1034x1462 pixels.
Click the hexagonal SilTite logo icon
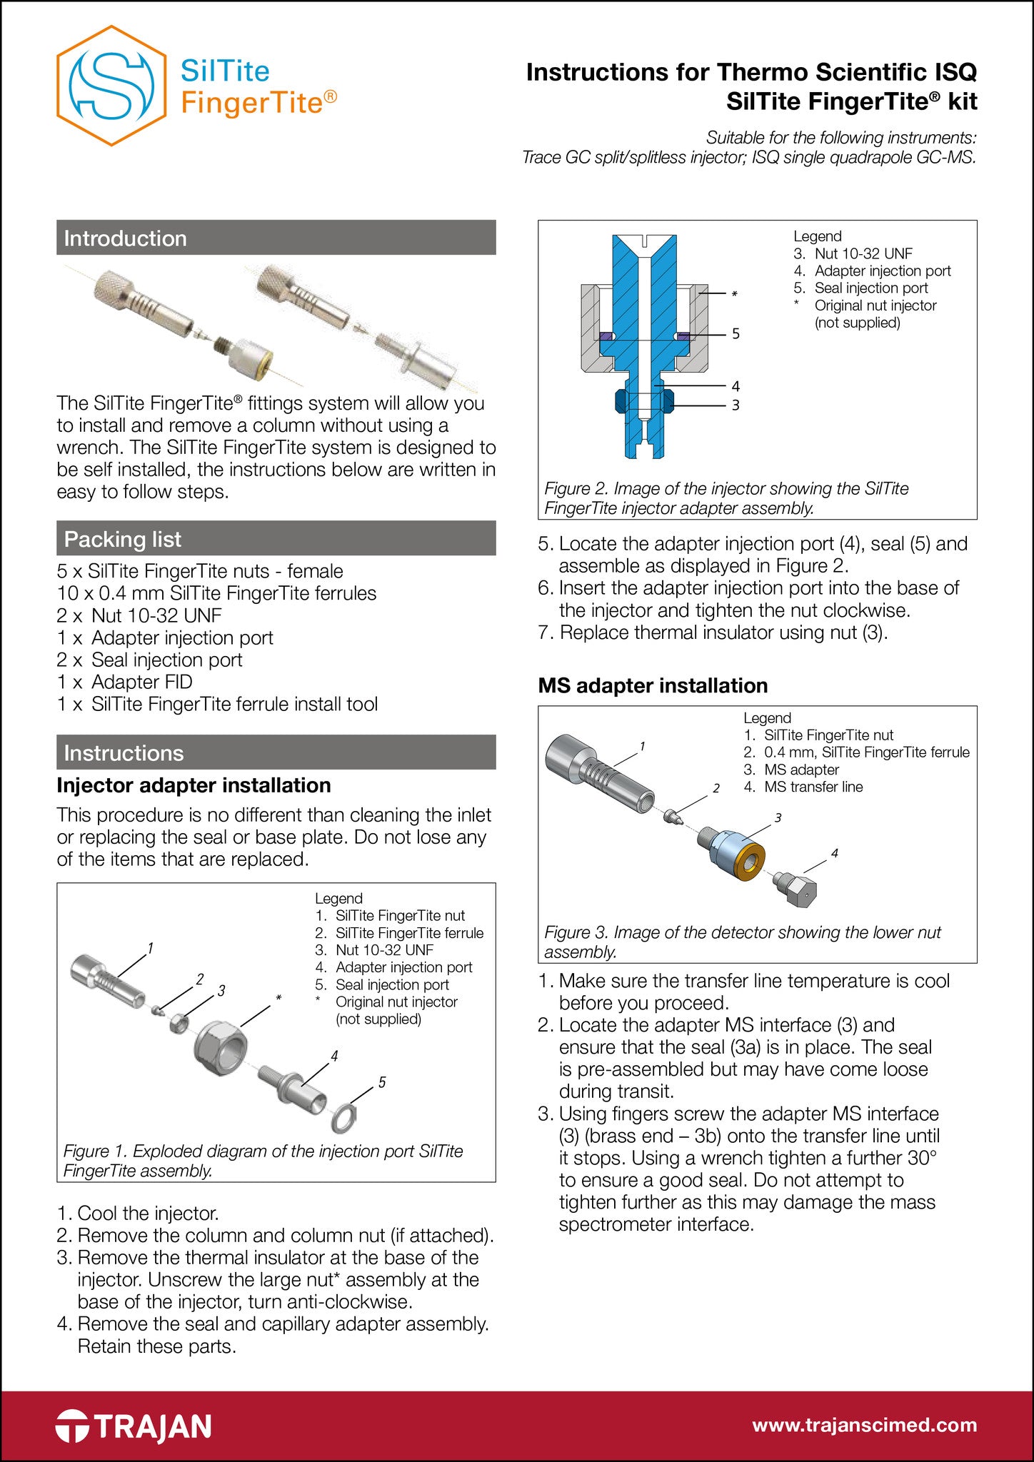(111, 86)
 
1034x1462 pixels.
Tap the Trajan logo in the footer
(134, 1426)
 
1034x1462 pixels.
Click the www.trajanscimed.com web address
(864, 1425)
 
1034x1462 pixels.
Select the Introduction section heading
(125, 238)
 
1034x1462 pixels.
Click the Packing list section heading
(123, 539)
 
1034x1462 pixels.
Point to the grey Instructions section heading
(124, 752)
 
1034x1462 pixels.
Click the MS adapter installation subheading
(653, 685)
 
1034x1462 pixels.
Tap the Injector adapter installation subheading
(194, 785)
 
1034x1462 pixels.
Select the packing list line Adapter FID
(125, 682)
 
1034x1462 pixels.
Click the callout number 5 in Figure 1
(382, 1083)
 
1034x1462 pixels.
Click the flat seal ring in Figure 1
(345, 1117)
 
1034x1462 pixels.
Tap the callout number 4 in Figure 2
(736, 386)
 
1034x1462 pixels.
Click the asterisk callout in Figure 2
(734, 294)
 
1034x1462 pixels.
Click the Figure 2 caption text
(726, 498)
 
